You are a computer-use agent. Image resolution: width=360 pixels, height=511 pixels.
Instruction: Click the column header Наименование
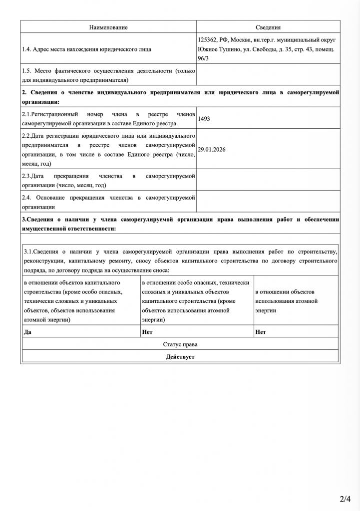[108, 27]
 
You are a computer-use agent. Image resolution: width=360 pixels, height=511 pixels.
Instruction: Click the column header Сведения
[268, 27]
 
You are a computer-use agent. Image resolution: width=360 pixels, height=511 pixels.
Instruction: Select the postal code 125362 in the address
[207, 40]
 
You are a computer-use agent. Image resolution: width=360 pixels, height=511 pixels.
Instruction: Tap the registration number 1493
[204, 119]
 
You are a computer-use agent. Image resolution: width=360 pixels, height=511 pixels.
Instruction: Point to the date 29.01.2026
[211, 149]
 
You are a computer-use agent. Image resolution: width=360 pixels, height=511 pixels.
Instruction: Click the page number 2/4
[346, 499]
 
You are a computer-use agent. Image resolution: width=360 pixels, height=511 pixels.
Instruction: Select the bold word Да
[28, 331]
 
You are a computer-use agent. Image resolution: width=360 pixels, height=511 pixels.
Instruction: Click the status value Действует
[180, 357]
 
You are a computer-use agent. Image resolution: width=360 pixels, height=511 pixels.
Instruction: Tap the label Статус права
[180, 344]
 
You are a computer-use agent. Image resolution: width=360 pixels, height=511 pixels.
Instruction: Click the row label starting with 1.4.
[87, 49]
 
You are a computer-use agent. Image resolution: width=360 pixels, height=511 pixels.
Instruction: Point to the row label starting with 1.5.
[108, 75]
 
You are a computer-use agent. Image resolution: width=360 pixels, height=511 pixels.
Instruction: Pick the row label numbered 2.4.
[108, 202]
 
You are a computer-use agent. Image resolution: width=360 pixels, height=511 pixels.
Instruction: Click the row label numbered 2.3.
[108, 181]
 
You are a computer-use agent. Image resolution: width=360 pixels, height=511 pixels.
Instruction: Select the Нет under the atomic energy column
[260, 331]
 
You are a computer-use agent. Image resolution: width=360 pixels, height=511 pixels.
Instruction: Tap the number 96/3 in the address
[204, 59]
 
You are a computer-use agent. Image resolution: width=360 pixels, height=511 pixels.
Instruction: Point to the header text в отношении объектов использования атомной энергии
[287, 301]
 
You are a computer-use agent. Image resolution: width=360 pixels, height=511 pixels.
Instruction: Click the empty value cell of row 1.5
[268, 75]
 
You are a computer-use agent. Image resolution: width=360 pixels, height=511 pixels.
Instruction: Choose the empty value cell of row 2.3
[268, 181]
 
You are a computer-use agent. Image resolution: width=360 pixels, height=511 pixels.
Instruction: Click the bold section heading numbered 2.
[180, 97]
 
